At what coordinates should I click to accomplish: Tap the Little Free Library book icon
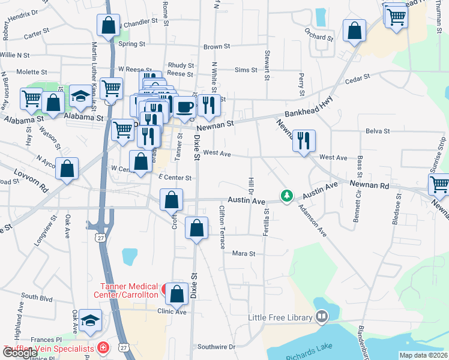click(321, 316)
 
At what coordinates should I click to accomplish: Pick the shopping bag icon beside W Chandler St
click(108, 25)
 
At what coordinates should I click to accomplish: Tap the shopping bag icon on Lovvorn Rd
click(67, 169)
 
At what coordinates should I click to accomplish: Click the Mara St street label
click(244, 254)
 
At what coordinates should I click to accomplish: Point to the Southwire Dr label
click(216, 347)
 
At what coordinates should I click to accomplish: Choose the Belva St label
click(378, 131)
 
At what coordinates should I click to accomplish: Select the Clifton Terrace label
click(222, 227)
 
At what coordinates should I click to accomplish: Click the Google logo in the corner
click(20, 353)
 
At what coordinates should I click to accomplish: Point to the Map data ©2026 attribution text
click(423, 355)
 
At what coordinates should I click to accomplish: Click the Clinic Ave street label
click(172, 312)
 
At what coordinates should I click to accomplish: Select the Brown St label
click(217, 47)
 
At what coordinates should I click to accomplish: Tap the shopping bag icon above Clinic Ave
click(176, 294)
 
